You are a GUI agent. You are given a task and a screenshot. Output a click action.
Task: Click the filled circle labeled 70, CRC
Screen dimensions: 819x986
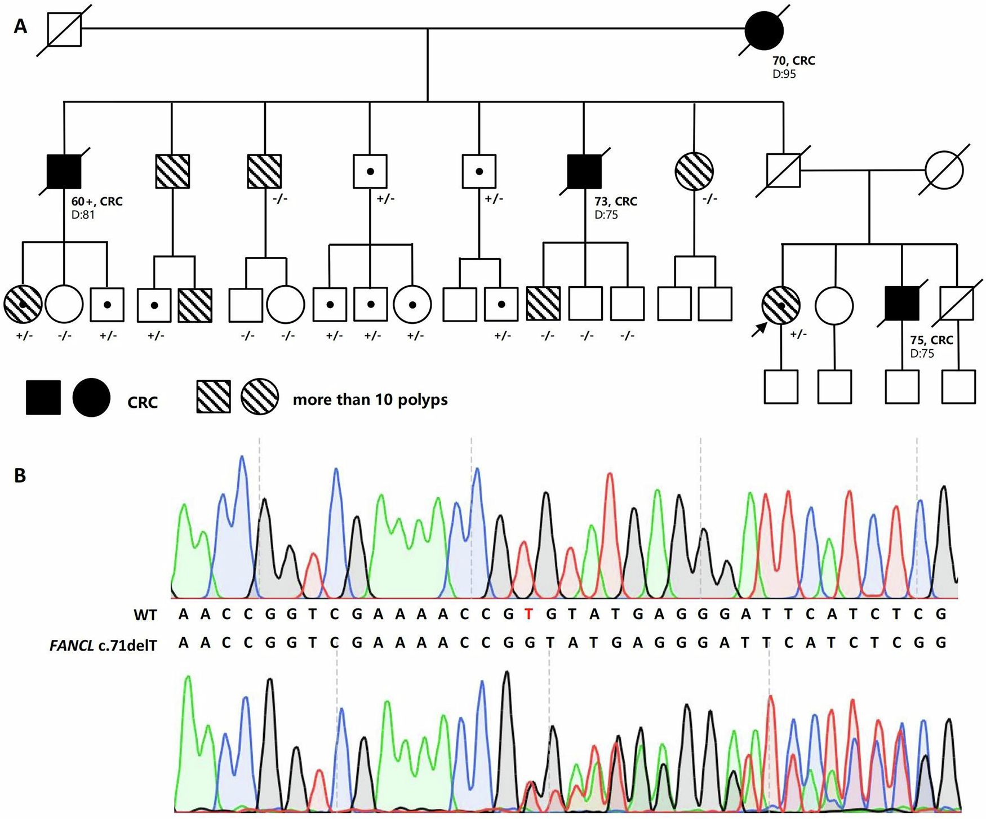(x=764, y=31)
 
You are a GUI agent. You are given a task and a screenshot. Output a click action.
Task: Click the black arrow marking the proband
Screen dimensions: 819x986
(x=759, y=330)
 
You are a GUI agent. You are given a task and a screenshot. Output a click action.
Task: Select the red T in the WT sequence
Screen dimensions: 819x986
(x=528, y=615)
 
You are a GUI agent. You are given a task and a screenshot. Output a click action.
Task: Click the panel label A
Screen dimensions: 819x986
(x=20, y=26)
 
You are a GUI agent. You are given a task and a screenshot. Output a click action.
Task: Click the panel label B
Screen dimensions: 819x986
(x=20, y=476)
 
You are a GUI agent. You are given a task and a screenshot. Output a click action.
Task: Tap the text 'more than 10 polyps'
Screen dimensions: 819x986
(x=370, y=400)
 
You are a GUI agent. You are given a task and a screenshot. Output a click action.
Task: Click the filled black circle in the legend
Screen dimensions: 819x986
(x=91, y=398)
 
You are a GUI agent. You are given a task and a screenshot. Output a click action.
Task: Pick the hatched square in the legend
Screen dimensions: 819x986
(x=214, y=397)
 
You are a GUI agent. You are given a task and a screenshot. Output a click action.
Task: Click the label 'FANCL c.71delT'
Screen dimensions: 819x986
(x=103, y=646)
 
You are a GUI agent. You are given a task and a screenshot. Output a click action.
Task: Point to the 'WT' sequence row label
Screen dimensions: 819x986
(x=145, y=615)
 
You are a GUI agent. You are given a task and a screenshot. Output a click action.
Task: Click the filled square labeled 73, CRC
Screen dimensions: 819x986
(x=584, y=171)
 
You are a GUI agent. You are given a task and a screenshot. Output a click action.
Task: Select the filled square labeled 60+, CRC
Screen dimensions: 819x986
(x=64, y=171)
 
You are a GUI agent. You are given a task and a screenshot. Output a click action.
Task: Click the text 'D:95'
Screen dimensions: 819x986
(x=784, y=74)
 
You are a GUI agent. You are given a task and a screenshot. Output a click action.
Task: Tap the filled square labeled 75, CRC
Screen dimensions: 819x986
(x=902, y=304)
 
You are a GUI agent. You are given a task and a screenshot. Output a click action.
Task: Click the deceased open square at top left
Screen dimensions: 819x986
(x=64, y=30)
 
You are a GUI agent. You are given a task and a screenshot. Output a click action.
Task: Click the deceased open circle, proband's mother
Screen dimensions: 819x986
(x=944, y=170)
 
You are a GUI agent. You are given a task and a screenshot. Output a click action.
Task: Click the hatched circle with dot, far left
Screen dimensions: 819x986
(x=23, y=304)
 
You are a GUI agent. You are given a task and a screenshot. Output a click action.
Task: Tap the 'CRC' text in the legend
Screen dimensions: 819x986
(x=143, y=403)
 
